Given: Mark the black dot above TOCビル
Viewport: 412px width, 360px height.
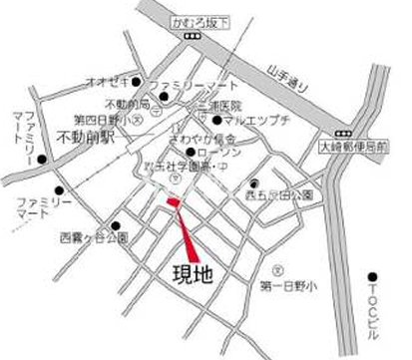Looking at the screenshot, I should pyautogui.click(x=371, y=276).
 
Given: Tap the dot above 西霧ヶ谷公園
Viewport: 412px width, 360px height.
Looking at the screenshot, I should pyautogui.click(x=115, y=225).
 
